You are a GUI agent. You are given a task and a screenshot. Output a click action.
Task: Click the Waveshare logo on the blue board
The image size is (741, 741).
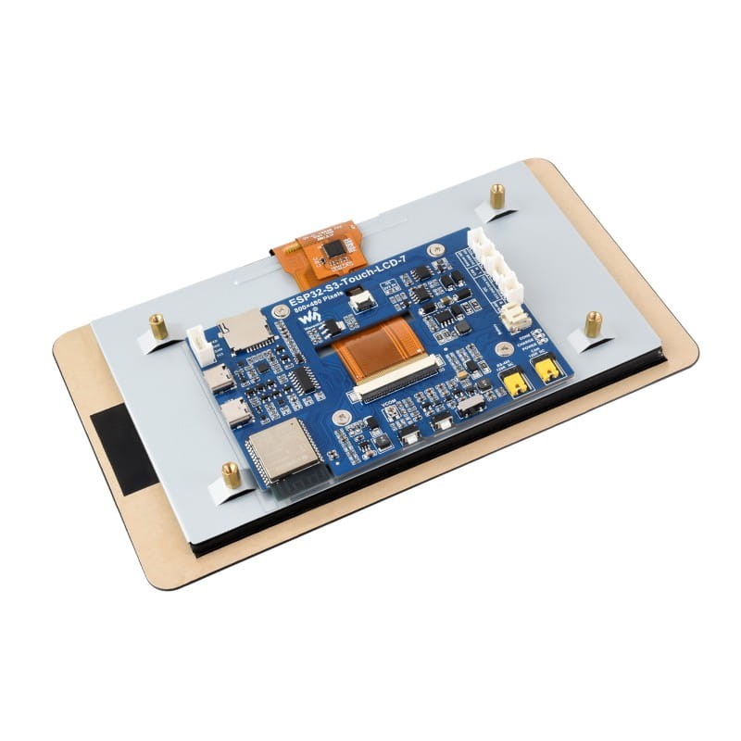coord(315,320)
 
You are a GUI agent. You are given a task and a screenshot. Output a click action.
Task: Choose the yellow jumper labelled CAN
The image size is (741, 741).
coord(548,370)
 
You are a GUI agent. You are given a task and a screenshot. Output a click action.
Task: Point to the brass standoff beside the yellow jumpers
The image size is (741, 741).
coord(593,324)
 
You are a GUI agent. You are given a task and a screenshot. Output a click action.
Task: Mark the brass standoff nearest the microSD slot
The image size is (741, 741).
coord(158,326)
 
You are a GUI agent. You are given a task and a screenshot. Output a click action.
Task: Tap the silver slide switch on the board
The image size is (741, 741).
coord(472,406)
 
